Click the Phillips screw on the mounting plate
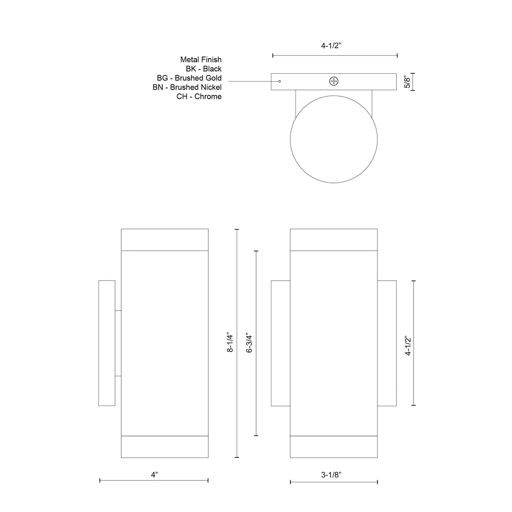[334, 81]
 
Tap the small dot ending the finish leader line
[280, 81]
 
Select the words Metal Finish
[201, 60]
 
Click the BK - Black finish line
[203, 69]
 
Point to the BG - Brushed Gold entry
[189, 78]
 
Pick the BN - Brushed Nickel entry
[187, 87]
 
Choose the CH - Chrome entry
[199, 96]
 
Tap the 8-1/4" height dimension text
[230, 343]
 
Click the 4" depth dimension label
[154, 475]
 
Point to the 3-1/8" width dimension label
[331, 475]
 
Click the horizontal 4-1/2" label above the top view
[331, 46]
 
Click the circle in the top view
[333, 139]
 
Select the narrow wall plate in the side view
[107, 343]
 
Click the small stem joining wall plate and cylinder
[118, 343]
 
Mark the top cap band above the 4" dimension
[164, 240]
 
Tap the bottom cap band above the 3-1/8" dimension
[333, 446]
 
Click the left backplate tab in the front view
[280, 343]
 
